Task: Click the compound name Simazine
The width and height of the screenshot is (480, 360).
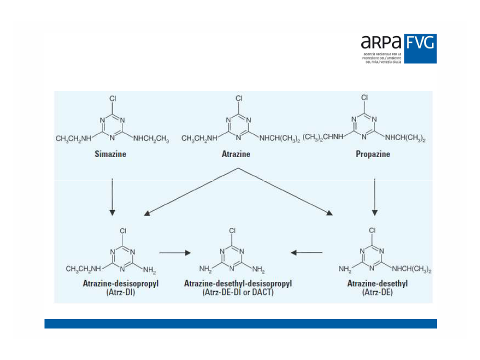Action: pos(110,154)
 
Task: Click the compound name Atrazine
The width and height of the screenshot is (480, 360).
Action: pos(236,154)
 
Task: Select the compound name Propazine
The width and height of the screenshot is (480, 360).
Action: pos(373,154)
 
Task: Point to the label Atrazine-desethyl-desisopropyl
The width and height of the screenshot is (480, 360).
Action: pos(238,283)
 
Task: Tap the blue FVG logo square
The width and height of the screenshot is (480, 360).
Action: pos(420,48)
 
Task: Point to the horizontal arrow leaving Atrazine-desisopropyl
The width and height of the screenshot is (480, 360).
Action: pos(175,252)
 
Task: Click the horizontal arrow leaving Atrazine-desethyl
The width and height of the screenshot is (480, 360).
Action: pos(306,252)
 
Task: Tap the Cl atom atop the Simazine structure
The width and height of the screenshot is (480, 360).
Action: pos(113,98)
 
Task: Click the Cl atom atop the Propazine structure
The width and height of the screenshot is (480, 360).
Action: pos(364,97)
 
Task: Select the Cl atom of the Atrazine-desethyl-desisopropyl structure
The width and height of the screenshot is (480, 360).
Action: pos(232,230)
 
